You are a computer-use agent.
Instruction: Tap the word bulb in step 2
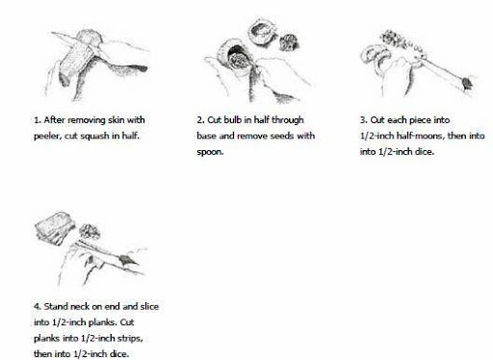[232, 120]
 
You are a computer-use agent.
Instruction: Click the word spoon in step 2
[210, 152]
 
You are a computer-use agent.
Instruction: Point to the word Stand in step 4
[56, 306]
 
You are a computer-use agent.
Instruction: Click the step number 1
[38, 120]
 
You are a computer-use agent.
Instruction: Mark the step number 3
[363, 120]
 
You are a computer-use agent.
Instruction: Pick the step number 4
[38, 307]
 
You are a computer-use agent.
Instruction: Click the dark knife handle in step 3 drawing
[467, 84]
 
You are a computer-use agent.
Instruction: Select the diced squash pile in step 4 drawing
[90, 231]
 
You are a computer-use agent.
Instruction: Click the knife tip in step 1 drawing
[52, 33]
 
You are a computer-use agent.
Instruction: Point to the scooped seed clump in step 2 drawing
[290, 42]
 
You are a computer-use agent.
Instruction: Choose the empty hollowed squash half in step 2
[262, 33]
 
